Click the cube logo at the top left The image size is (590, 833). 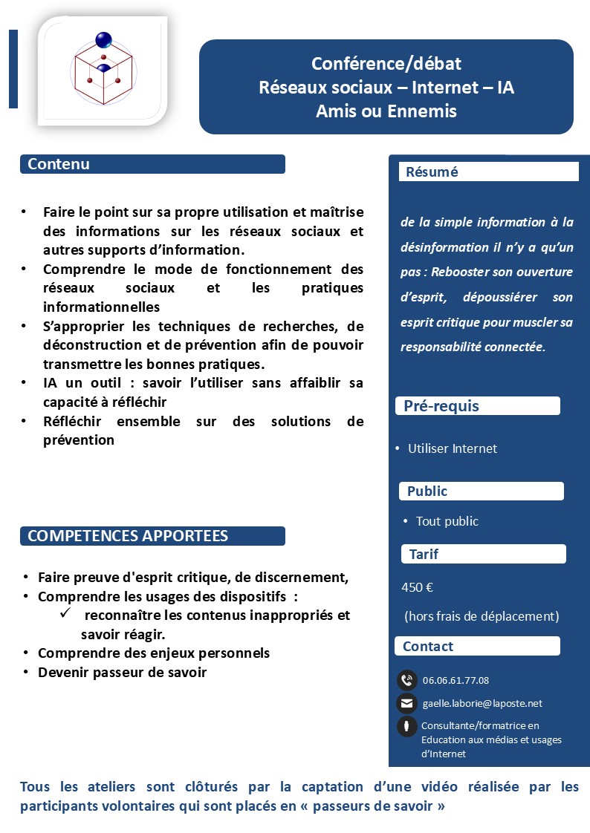[103, 68]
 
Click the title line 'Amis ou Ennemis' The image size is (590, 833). [386, 111]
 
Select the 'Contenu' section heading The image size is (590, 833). [59, 164]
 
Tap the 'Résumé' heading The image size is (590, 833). [432, 172]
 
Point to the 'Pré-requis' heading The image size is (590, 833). [441, 406]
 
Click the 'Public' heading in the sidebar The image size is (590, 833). [427, 491]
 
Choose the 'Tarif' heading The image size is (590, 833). [424, 554]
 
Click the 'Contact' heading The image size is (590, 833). [428, 647]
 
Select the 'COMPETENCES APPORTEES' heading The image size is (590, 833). [128, 536]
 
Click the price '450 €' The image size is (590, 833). [418, 587]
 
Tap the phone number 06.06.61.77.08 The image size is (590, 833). [456, 680]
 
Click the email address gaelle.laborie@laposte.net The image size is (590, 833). [482, 703]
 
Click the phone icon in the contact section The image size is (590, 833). [406, 680]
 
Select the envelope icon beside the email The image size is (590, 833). [406, 703]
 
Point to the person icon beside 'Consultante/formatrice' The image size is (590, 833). [406, 727]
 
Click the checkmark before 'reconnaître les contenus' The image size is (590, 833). [65, 614]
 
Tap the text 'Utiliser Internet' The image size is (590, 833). [453, 448]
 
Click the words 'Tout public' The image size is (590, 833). [447, 521]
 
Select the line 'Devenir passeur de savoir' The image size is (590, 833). [122, 673]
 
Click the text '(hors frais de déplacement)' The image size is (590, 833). [482, 616]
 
